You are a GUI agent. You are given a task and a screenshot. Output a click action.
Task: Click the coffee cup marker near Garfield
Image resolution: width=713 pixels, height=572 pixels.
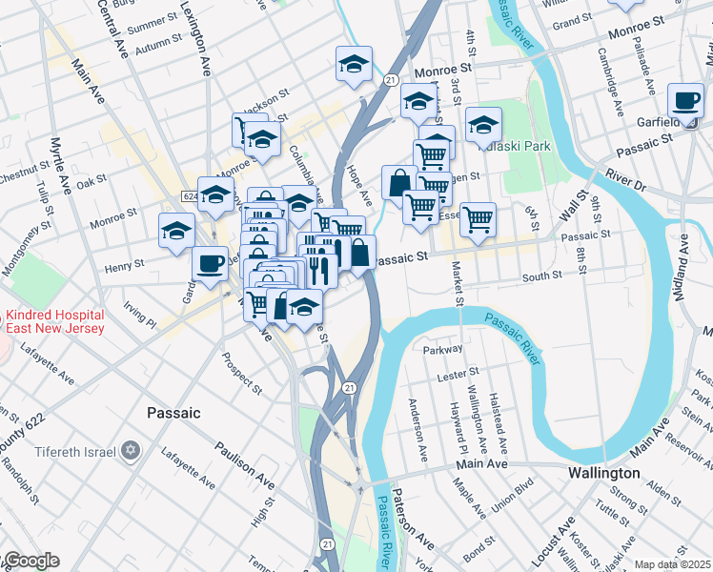tap(685, 101)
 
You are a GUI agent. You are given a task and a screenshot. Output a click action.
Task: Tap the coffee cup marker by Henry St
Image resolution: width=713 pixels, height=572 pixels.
tap(210, 264)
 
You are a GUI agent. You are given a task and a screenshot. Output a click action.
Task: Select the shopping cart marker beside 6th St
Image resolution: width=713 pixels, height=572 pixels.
tap(479, 219)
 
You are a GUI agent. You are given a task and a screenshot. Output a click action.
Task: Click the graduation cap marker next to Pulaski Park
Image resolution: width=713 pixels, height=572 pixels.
tap(483, 124)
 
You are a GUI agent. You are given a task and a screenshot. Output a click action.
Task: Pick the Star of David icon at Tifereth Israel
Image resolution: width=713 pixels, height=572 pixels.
tap(132, 449)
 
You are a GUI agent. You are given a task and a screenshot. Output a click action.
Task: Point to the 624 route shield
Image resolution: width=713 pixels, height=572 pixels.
tap(191, 194)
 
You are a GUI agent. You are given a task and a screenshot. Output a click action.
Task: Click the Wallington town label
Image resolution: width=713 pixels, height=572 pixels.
tap(603, 473)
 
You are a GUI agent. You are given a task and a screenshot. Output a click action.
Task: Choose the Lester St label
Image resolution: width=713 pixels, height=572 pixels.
tap(457, 378)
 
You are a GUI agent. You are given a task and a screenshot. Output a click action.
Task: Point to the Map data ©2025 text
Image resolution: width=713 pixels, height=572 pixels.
tap(672, 564)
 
